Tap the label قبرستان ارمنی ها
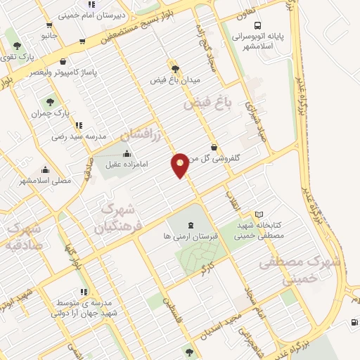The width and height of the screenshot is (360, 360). (x=191, y=236)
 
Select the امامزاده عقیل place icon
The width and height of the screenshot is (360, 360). (x=127, y=154)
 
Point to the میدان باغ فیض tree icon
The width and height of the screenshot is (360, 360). (x=174, y=70)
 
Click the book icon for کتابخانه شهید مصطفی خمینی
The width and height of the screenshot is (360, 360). (x=259, y=214)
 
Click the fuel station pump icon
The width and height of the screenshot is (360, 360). (x=353, y=323)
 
